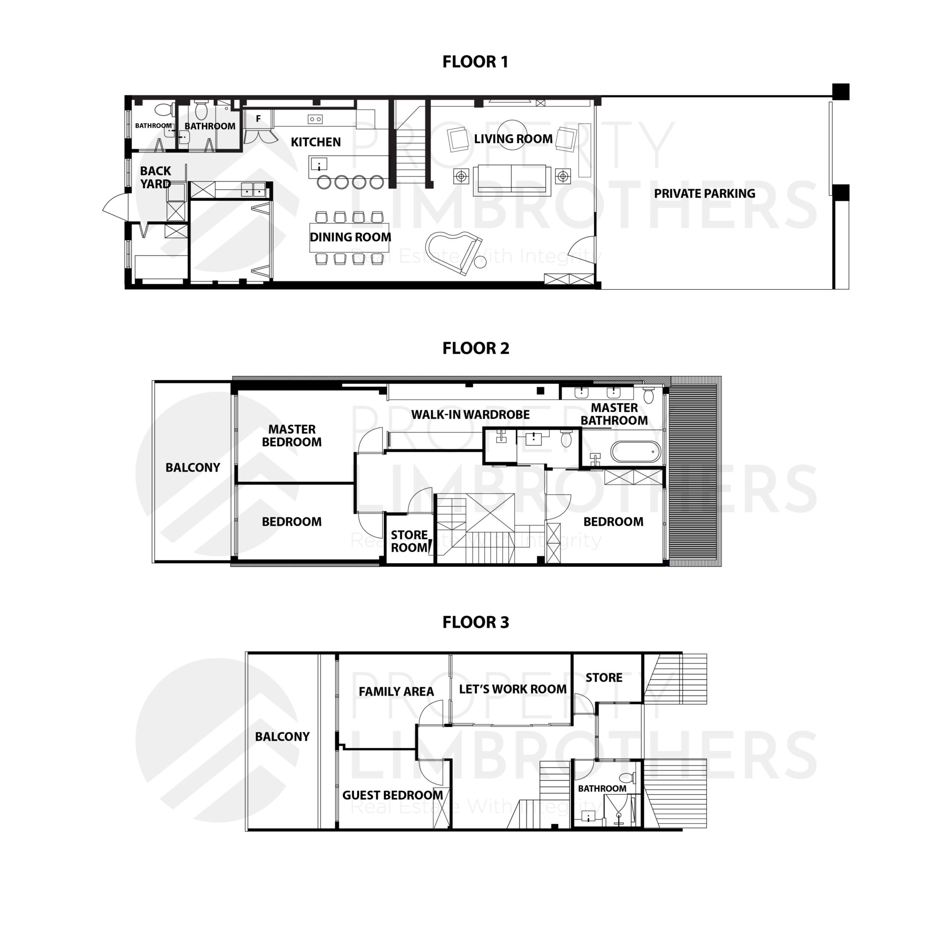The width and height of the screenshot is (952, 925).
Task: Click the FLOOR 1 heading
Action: (x=475, y=62)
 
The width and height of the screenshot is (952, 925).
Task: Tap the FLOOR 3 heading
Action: (x=476, y=622)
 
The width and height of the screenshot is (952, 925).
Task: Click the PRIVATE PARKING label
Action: (x=704, y=194)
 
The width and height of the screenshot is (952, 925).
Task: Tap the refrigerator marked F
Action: (x=258, y=119)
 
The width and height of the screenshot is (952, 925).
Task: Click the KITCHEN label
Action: (x=315, y=142)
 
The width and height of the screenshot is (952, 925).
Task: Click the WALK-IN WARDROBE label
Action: (x=470, y=415)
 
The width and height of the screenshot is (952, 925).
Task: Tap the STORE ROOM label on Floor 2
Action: (x=409, y=541)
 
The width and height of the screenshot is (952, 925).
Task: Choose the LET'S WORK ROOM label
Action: (x=512, y=689)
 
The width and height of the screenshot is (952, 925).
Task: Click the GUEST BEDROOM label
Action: (x=392, y=795)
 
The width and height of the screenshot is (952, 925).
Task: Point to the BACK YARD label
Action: (x=155, y=177)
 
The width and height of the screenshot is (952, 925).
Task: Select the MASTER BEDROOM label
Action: (x=292, y=435)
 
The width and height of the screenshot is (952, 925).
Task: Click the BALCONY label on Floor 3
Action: (x=282, y=737)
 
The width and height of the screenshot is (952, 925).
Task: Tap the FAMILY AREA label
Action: (x=396, y=692)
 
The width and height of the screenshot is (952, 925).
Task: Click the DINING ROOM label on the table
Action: (x=350, y=237)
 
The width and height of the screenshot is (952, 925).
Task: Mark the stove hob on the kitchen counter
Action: (x=315, y=119)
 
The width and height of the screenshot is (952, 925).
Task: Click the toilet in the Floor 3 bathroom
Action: (x=627, y=777)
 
